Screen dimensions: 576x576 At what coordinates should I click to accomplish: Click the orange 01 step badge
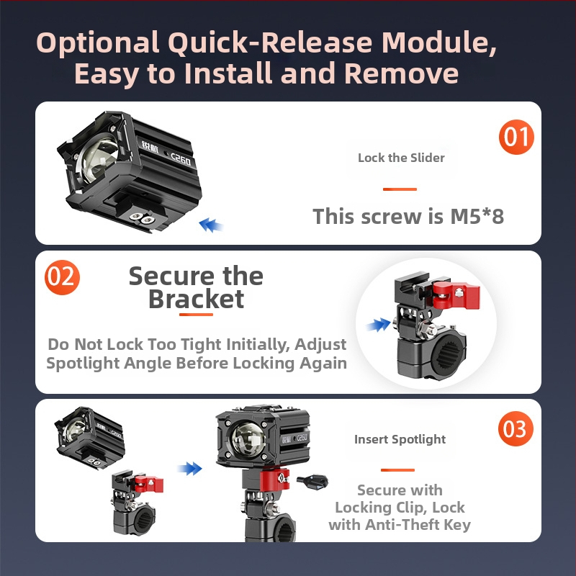pyautogui.click(x=516, y=137)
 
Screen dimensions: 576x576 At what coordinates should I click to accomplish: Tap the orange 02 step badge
pyautogui.click(x=62, y=277)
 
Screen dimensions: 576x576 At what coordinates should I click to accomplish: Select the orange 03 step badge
pyautogui.click(x=516, y=428)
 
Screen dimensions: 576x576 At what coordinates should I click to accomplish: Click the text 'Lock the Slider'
pyautogui.click(x=401, y=158)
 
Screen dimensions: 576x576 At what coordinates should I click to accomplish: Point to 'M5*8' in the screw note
pyautogui.click(x=477, y=216)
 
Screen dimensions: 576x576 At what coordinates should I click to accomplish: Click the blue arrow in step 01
pyautogui.click(x=210, y=225)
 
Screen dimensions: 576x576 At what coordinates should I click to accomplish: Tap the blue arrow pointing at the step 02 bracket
pyautogui.click(x=379, y=325)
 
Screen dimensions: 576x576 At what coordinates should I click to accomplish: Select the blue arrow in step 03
pyautogui.click(x=189, y=469)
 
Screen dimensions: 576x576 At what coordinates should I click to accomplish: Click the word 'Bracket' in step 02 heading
pyautogui.click(x=196, y=299)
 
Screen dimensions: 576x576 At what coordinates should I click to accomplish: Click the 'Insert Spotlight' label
pyautogui.click(x=400, y=439)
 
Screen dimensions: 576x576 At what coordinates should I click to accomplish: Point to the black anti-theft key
pyautogui.click(x=312, y=481)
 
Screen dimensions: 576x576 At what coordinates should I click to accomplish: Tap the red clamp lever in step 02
pyautogui.click(x=456, y=294)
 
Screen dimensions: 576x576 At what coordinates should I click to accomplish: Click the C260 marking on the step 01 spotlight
pyautogui.click(x=181, y=159)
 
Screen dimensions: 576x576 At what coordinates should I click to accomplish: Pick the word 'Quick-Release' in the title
pyautogui.click(x=271, y=42)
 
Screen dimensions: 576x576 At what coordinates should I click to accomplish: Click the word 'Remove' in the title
pyautogui.click(x=401, y=73)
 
